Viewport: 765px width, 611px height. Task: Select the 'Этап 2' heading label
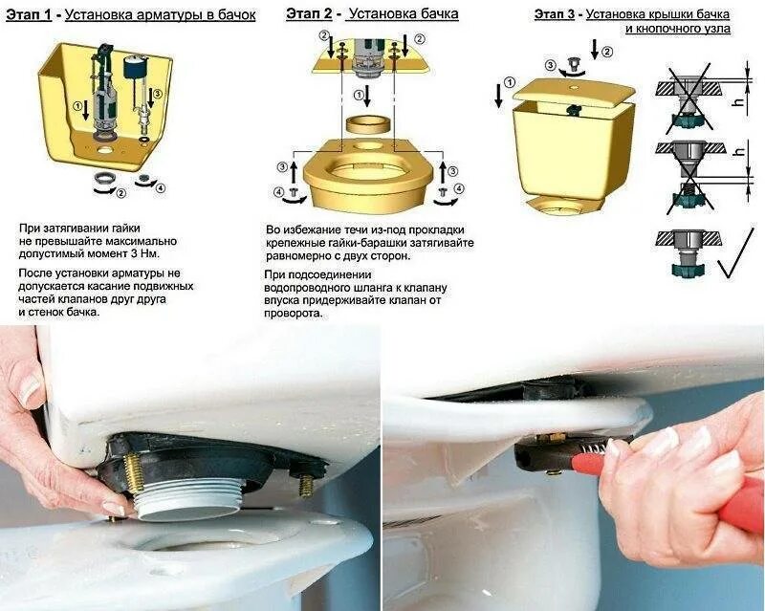[309, 13]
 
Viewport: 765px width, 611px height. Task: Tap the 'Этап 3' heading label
[555, 14]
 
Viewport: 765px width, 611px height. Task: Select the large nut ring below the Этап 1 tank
[102, 178]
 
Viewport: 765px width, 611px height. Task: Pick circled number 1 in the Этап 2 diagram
[360, 94]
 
